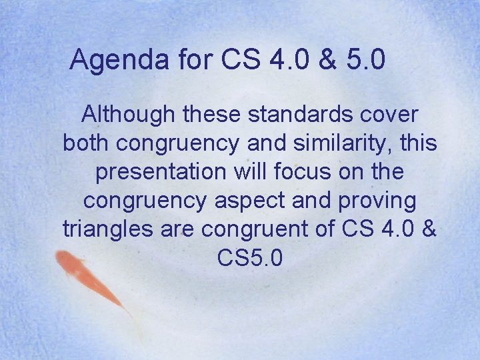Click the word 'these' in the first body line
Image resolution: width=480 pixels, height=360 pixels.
pos(211,115)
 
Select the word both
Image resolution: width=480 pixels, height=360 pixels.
pos(85,143)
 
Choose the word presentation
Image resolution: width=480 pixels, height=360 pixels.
pos(160,172)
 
